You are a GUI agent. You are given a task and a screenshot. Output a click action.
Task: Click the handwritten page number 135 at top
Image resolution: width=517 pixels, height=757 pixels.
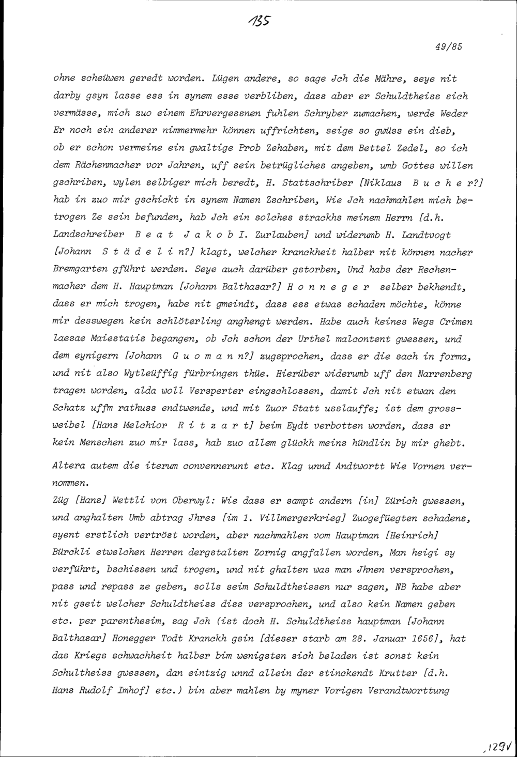point(259,21)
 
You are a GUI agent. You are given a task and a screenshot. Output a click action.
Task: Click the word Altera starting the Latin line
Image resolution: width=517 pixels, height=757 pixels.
point(68,466)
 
